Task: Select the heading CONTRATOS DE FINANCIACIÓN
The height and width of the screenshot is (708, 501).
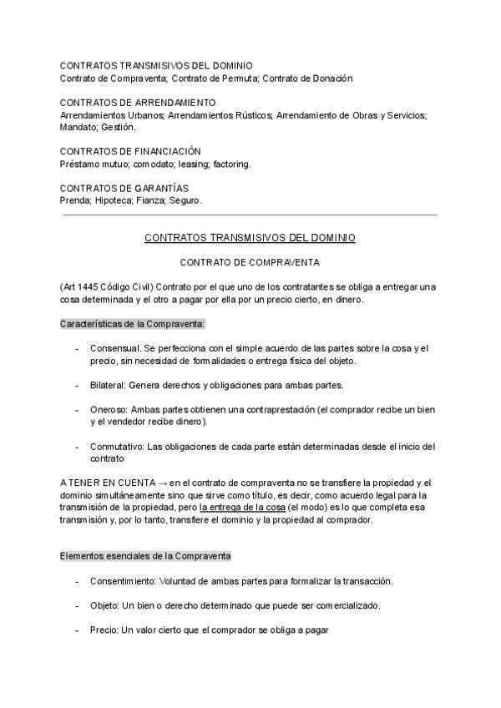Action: pos(130,151)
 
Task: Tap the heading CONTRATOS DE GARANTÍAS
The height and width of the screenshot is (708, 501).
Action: pos(124,188)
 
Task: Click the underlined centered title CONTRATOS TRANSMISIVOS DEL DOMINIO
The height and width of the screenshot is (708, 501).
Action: pos(250,238)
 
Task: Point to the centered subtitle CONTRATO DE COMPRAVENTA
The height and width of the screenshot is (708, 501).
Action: pos(250,262)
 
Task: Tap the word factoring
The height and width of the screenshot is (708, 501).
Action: pos(231,164)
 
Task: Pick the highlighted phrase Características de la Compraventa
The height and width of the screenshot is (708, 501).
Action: pos(133,323)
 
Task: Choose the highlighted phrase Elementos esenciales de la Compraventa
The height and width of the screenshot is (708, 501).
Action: pos(145,556)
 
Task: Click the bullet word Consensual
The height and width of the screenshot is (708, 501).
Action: pos(114,348)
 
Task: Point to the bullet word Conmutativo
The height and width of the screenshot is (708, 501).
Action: pos(119,447)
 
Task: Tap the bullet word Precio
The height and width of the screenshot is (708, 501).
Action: pos(104,630)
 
